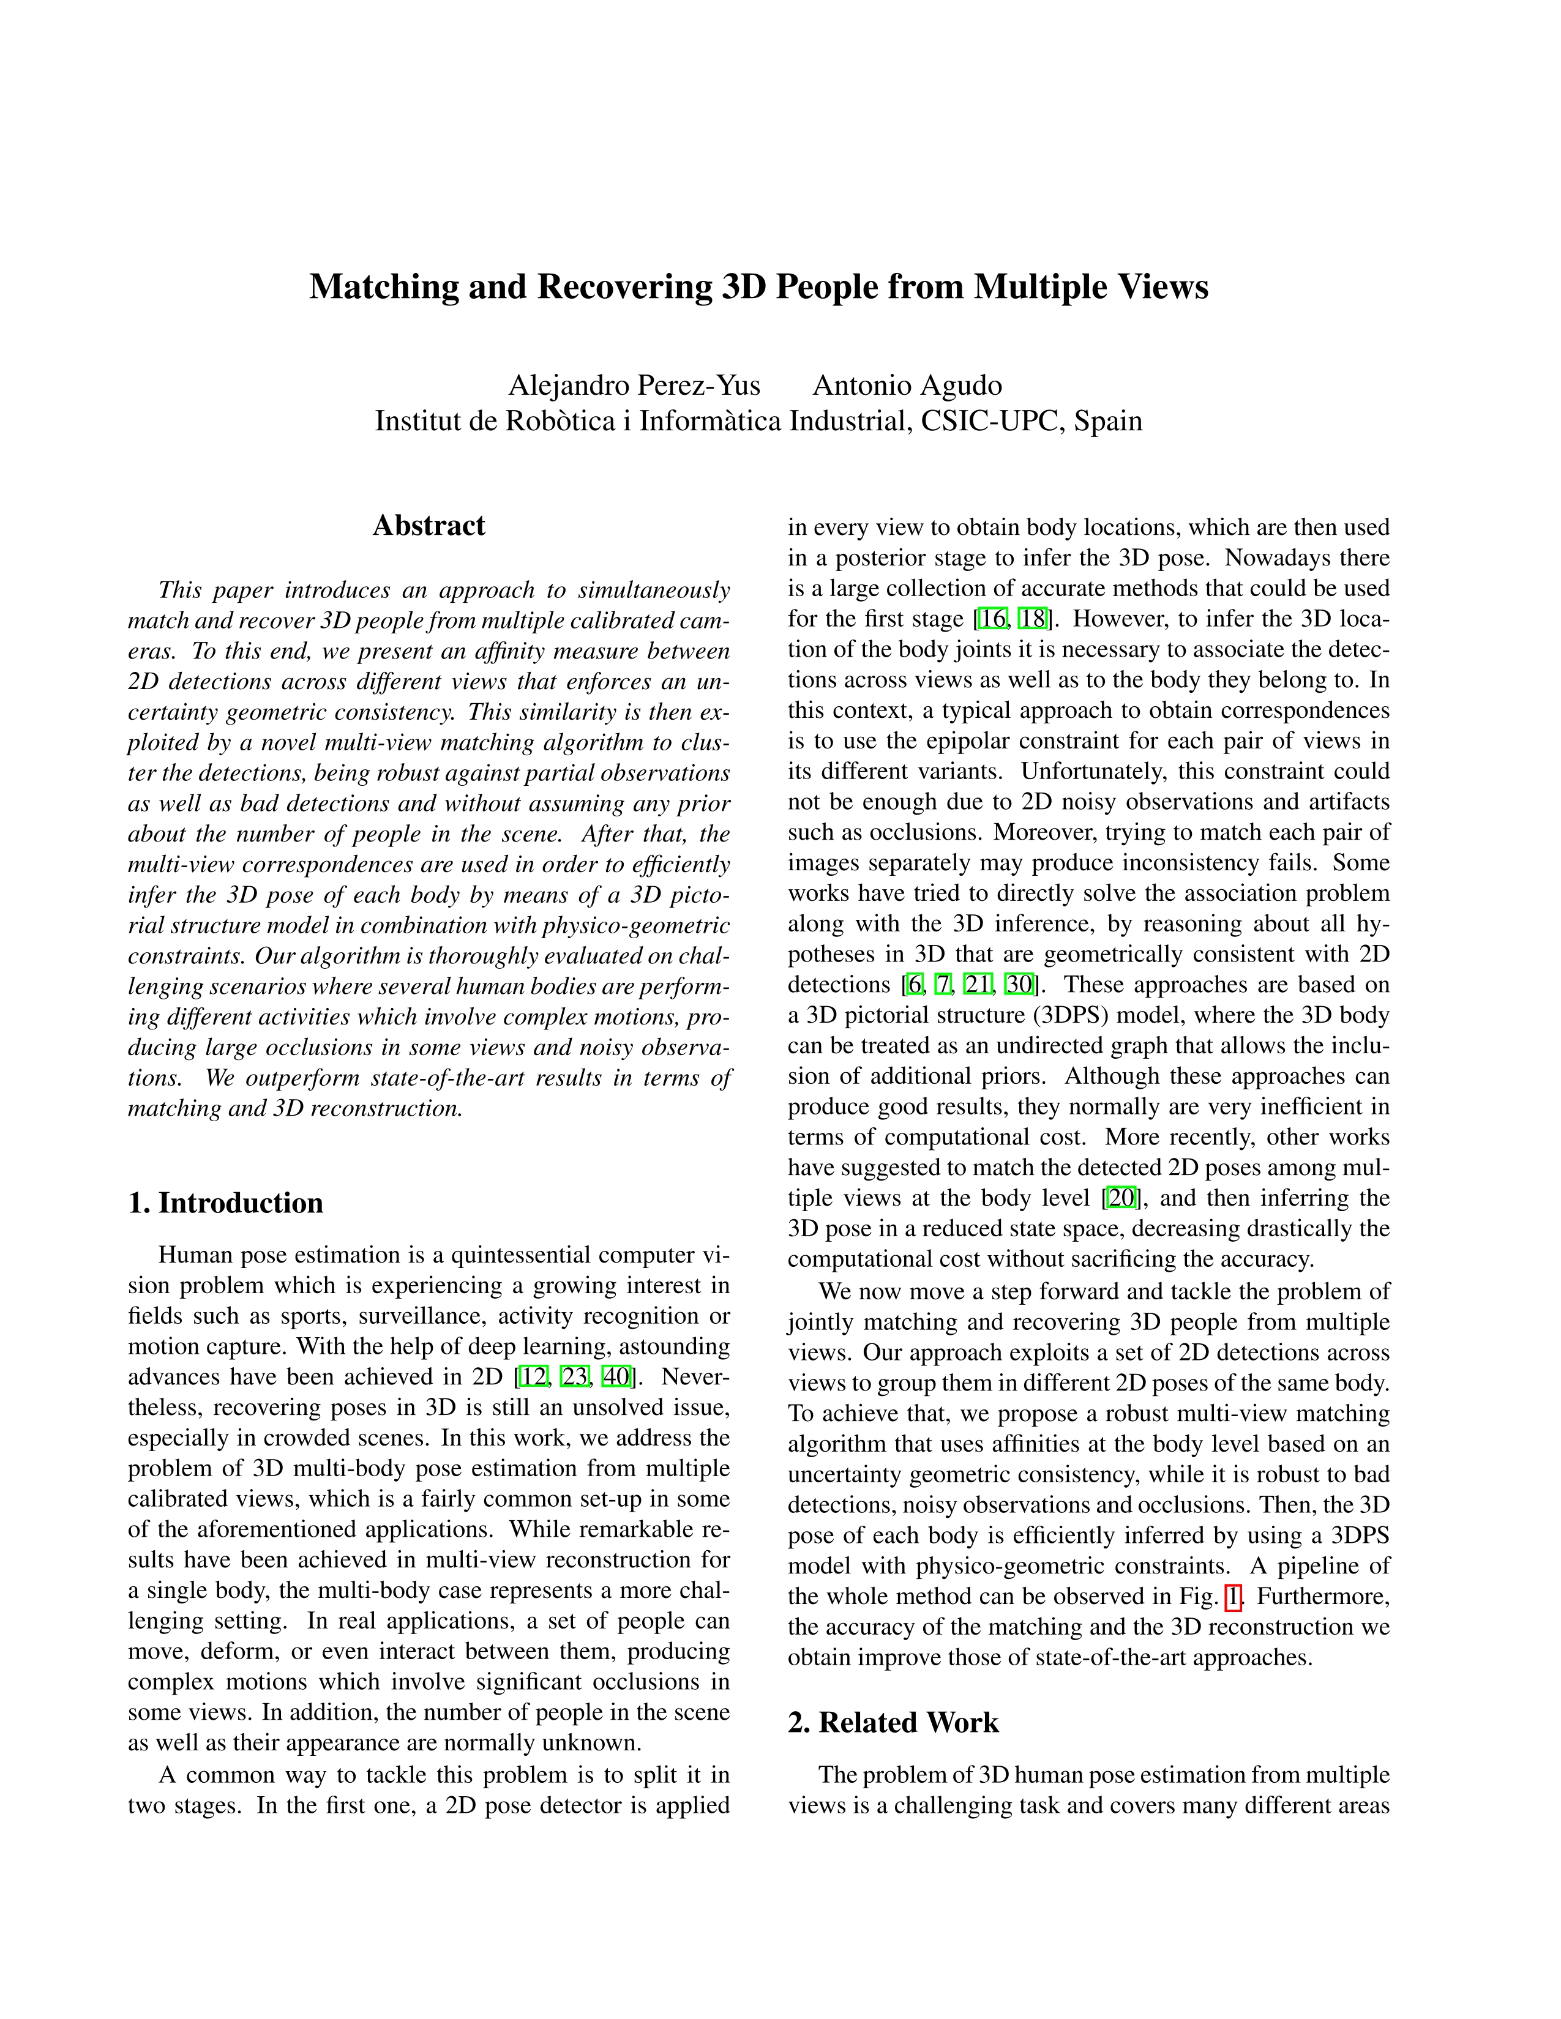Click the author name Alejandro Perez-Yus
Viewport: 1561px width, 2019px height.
pyautogui.click(x=634, y=386)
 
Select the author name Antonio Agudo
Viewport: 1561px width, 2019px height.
pyautogui.click(x=907, y=386)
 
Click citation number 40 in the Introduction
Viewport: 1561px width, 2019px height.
pyautogui.click(x=616, y=1376)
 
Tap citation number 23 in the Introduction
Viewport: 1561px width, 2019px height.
pyautogui.click(x=574, y=1376)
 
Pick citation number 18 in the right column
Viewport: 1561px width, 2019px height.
pyautogui.click(x=1030, y=619)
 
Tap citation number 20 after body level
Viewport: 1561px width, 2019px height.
pyautogui.click(x=1121, y=1199)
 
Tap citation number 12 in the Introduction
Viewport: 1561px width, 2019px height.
pyautogui.click(x=534, y=1376)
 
